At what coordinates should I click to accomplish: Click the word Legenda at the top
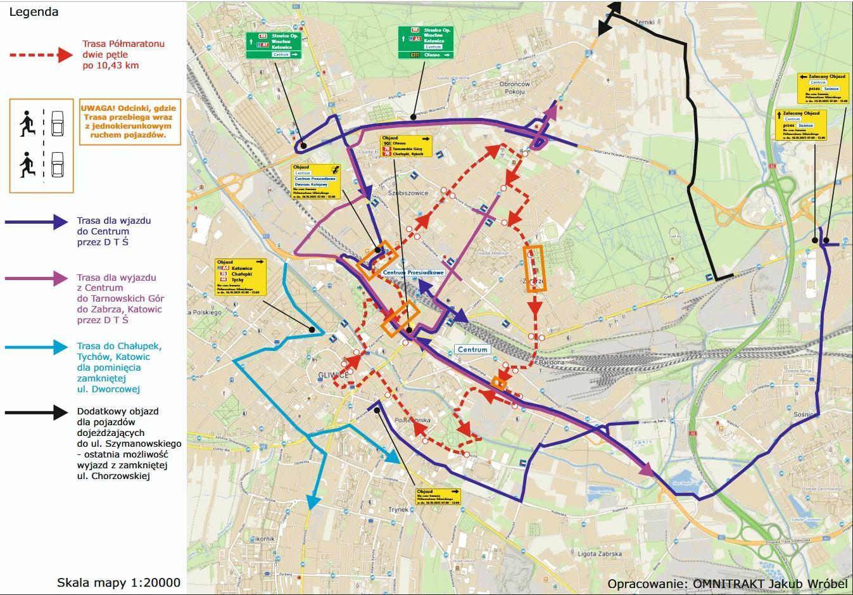point(34,11)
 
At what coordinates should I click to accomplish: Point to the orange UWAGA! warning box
point(129,122)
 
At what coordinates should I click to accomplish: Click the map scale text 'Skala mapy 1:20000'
point(119,582)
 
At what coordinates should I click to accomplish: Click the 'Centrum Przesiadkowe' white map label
point(414,273)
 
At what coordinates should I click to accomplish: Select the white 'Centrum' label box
point(472,349)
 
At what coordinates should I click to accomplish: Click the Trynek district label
point(399,509)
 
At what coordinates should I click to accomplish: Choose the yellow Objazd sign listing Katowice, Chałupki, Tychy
point(240,278)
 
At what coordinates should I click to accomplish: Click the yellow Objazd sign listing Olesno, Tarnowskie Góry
point(406,146)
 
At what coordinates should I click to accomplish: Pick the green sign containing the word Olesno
point(426,43)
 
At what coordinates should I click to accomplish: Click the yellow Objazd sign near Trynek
point(438,496)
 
